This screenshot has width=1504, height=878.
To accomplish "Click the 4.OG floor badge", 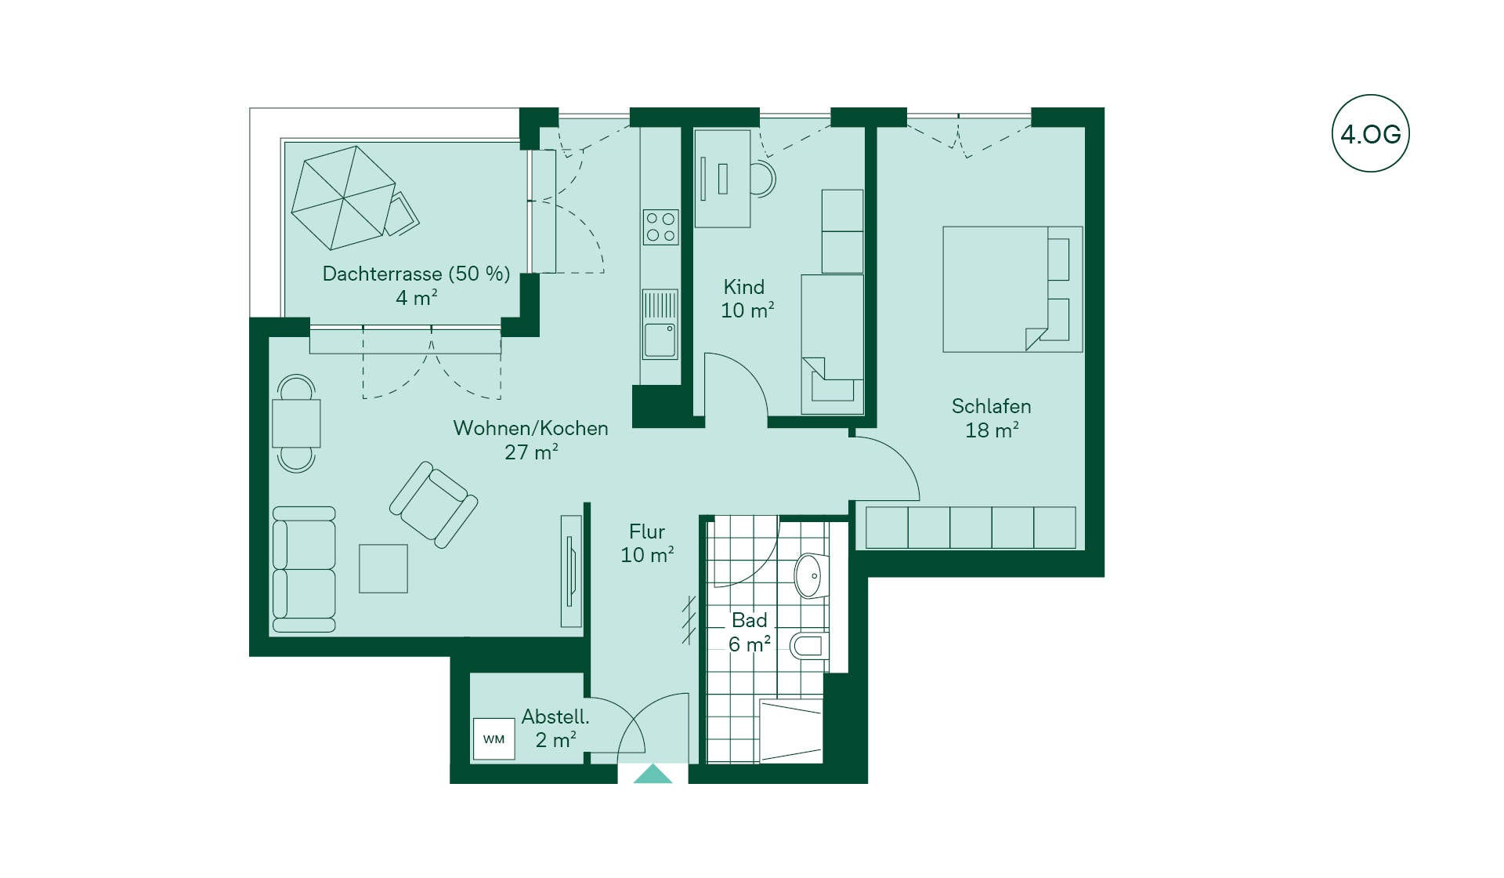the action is (x=1370, y=133).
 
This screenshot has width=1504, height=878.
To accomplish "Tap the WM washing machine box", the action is (x=493, y=739).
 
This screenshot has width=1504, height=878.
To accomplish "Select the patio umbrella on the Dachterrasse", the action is (x=343, y=198).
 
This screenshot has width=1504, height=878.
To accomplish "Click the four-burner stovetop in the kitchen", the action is (x=660, y=227).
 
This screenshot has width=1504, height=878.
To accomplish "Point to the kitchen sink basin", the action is (x=660, y=340).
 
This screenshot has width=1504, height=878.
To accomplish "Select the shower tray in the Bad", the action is (x=791, y=731).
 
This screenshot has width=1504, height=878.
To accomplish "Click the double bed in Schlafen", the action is (x=1013, y=289).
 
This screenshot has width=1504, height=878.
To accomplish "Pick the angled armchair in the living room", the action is (x=434, y=505).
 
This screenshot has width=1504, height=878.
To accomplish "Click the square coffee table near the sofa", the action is (x=383, y=568).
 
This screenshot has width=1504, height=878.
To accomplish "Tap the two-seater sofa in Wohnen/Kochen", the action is (x=304, y=569).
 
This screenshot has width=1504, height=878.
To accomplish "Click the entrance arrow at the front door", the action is (x=653, y=775).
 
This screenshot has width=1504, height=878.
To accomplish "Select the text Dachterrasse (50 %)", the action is (x=416, y=274).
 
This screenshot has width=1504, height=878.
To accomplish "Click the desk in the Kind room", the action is (x=722, y=179).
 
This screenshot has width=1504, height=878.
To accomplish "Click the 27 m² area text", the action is (x=531, y=452).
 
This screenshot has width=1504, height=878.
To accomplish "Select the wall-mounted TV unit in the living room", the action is (x=571, y=571).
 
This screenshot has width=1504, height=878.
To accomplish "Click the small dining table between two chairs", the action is (x=296, y=423).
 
